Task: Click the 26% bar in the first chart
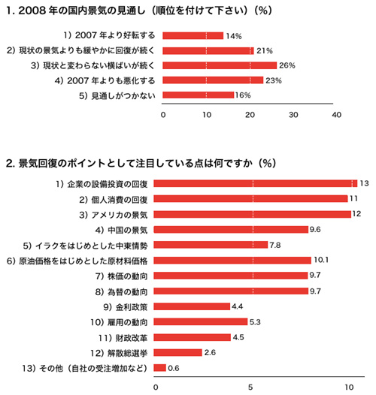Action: click(x=220, y=65)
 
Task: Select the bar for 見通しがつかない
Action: click(x=198, y=95)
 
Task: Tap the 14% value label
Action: click(x=234, y=36)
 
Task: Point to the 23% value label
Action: click(x=274, y=80)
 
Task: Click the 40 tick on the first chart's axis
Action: click(x=336, y=115)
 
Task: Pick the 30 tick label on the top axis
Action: click(x=293, y=115)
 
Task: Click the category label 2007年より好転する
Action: click(x=109, y=35)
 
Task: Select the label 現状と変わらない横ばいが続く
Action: click(x=92, y=65)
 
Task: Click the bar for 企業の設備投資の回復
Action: click(x=256, y=184)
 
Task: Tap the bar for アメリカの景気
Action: click(x=253, y=214)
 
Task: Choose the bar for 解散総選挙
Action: click(x=178, y=352)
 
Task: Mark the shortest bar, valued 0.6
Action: click(x=159, y=368)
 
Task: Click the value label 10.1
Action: click(x=321, y=260)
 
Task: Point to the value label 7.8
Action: click(x=274, y=245)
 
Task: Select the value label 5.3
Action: click(x=255, y=322)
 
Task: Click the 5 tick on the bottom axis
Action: click(x=250, y=387)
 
